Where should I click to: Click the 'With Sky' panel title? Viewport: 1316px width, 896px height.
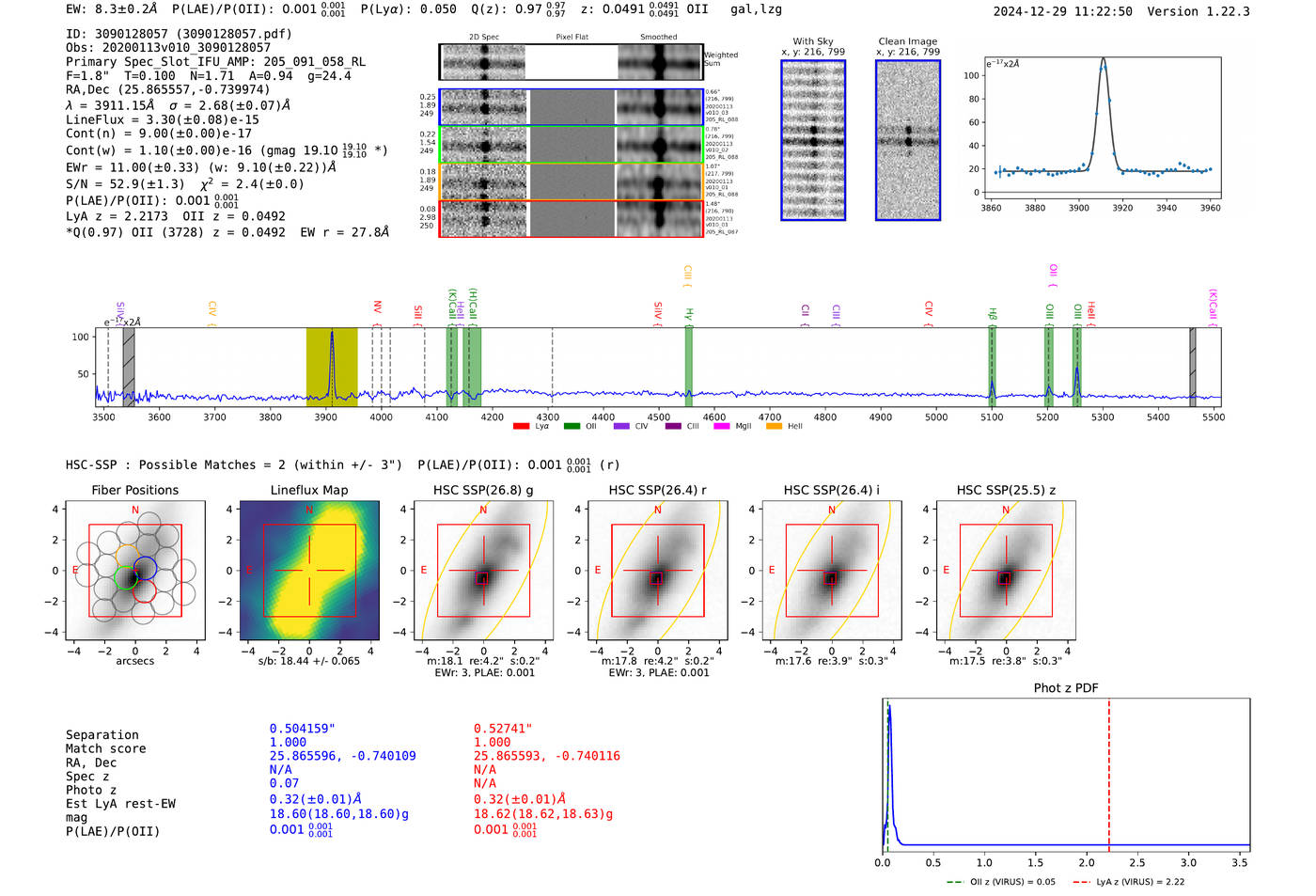[x=813, y=41]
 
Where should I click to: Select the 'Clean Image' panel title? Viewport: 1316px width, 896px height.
[x=907, y=41]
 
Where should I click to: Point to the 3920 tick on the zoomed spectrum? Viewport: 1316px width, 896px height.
[x=1122, y=208]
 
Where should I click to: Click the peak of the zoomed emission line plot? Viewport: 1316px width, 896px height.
[x=1103, y=60]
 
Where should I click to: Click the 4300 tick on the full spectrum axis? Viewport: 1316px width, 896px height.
[x=548, y=417]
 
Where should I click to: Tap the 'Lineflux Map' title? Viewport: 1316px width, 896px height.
[x=308, y=490]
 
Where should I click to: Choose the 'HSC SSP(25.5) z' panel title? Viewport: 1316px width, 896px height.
[x=1006, y=490]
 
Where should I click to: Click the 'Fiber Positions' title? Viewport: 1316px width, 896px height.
[x=134, y=490]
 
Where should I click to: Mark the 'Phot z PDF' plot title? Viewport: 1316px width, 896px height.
[x=1066, y=688]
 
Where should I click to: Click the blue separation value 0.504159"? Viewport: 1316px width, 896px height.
[x=302, y=729]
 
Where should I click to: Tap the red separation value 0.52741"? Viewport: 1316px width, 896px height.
[x=503, y=729]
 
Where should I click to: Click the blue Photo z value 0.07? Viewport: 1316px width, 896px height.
[x=284, y=783]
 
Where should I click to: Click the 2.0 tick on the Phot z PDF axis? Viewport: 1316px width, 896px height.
[x=1086, y=862]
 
